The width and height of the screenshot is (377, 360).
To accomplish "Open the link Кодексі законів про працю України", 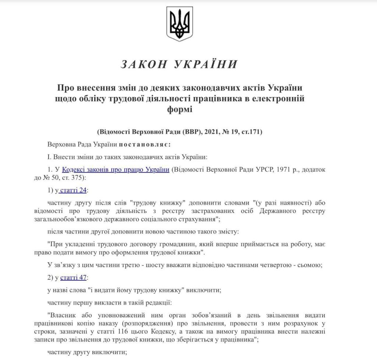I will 116,170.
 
